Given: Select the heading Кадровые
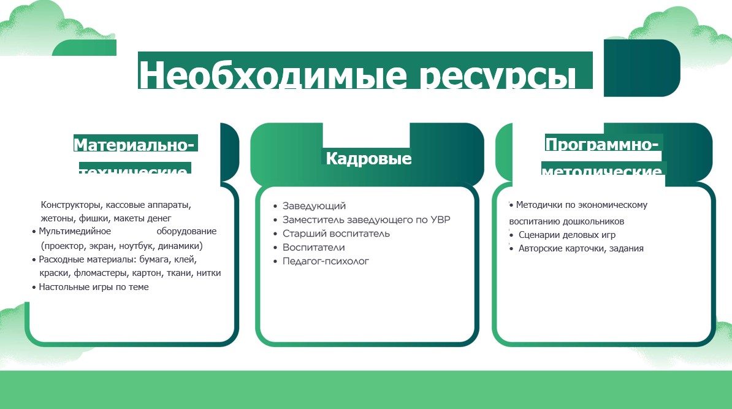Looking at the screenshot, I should pyautogui.click(x=368, y=159).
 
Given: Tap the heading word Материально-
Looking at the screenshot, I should pyautogui.click(x=134, y=145).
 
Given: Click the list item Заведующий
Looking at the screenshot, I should pyautogui.click(x=314, y=206).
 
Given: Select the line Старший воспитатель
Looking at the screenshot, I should pyautogui.click(x=336, y=234).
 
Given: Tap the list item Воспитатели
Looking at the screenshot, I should pyautogui.click(x=313, y=248).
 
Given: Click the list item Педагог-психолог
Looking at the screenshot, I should pyautogui.click(x=326, y=261).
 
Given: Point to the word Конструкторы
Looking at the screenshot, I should pyautogui.click(x=69, y=205).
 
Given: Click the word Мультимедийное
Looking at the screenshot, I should pyautogui.click(x=75, y=232).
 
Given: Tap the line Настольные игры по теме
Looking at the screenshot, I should pyautogui.click(x=94, y=286).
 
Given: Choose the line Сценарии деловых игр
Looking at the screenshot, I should pyautogui.click(x=567, y=235).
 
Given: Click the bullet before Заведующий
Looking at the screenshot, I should pyautogui.click(x=276, y=207).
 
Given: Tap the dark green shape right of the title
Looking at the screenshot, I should pyautogui.click(x=641, y=67).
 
